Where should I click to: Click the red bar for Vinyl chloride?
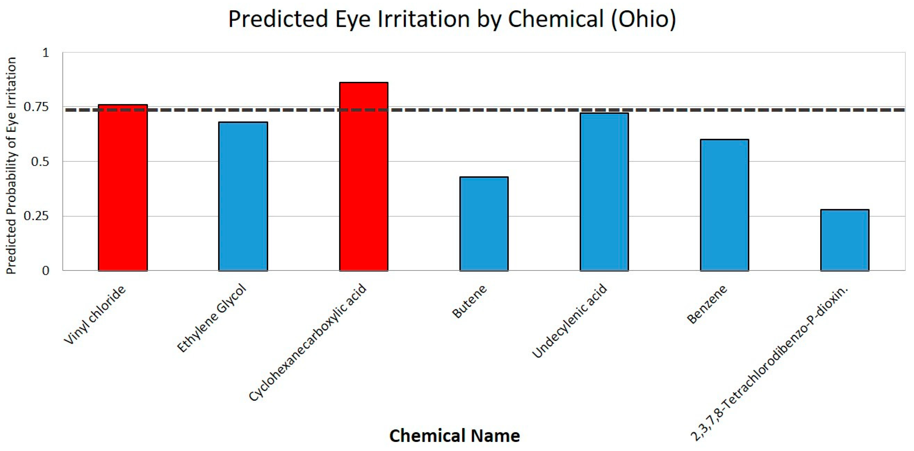(123, 188)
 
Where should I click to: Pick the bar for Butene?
(484, 224)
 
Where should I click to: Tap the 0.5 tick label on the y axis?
(40, 162)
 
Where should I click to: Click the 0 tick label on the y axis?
(45, 271)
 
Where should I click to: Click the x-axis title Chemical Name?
(454, 435)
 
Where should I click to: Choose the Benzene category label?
(707, 304)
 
